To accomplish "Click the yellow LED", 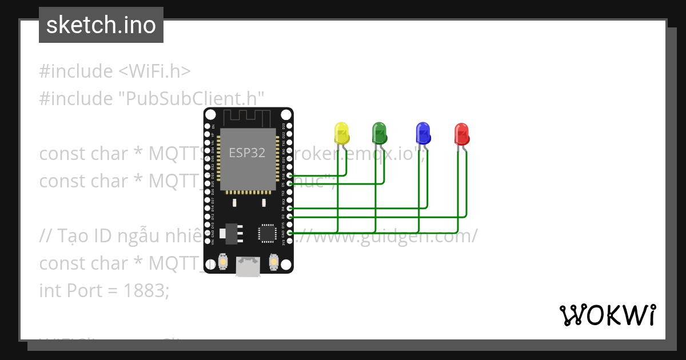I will [x=341, y=133].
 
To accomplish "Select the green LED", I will [x=379, y=133].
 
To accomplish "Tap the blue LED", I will [x=422, y=133].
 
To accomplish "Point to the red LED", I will [x=461, y=134].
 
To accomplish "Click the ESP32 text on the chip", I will [x=247, y=153].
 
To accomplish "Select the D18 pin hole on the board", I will [x=290, y=175].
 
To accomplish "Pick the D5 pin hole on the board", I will [x=290, y=184].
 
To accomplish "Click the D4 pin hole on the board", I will [x=290, y=209].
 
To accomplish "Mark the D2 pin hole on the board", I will [x=290, y=217].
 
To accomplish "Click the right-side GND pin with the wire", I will [x=290, y=233].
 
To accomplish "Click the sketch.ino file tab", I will [x=101, y=25].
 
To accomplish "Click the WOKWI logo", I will [x=607, y=315].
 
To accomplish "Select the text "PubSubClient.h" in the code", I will [x=191, y=99].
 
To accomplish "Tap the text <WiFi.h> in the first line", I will [x=154, y=71].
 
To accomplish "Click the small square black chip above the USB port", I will [x=267, y=233].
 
